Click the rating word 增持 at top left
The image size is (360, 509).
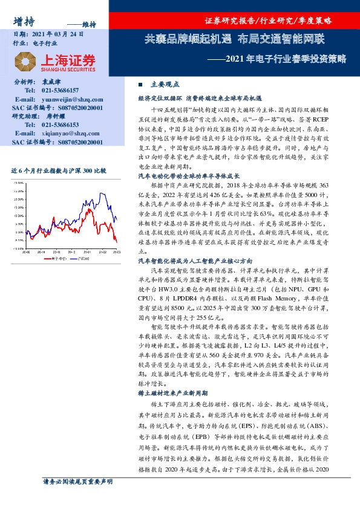(23, 21)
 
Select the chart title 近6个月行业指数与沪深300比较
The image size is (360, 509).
(54, 171)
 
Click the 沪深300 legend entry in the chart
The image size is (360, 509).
(87, 258)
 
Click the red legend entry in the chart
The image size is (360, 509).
(56, 258)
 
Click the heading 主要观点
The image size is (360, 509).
(165, 85)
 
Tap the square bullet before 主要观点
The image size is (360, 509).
(141, 85)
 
